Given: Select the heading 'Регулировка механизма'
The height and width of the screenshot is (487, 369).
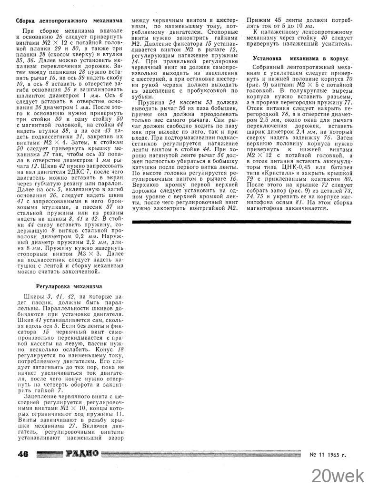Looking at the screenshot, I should point(69,286).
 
